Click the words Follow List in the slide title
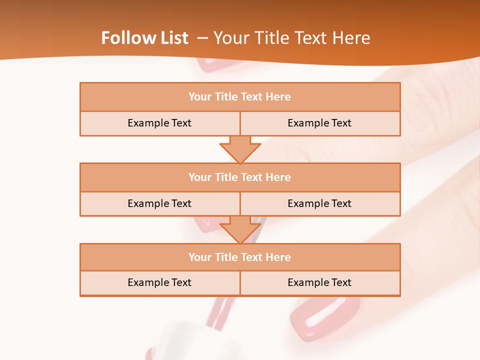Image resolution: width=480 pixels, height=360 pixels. click(x=145, y=38)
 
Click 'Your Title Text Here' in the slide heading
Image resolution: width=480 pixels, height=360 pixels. click(x=292, y=38)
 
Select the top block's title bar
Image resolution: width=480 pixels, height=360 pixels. click(x=240, y=97)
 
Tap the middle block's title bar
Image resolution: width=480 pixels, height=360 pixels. click(x=240, y=177)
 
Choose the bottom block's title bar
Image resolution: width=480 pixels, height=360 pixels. click(x=240, y=257)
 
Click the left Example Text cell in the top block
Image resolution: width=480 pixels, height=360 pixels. click(x=159, y=123)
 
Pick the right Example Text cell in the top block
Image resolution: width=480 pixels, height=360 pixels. click(x=320, y=123)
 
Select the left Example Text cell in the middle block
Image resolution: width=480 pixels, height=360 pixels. click(x=159, y=203)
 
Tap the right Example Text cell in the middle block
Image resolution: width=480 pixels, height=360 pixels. click(x=320, y=203)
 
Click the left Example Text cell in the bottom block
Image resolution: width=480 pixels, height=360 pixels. click(x=159, y=282)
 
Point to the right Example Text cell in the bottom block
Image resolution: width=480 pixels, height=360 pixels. click(x=320, y=282)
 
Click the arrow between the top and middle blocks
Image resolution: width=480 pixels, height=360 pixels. click(x=240, y=149)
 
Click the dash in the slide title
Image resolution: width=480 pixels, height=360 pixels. click(x=202, y=38)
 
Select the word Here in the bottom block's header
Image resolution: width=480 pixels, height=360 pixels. click(x=278, y=257)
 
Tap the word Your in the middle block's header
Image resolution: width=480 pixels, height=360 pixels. click(x=199, y=177)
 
